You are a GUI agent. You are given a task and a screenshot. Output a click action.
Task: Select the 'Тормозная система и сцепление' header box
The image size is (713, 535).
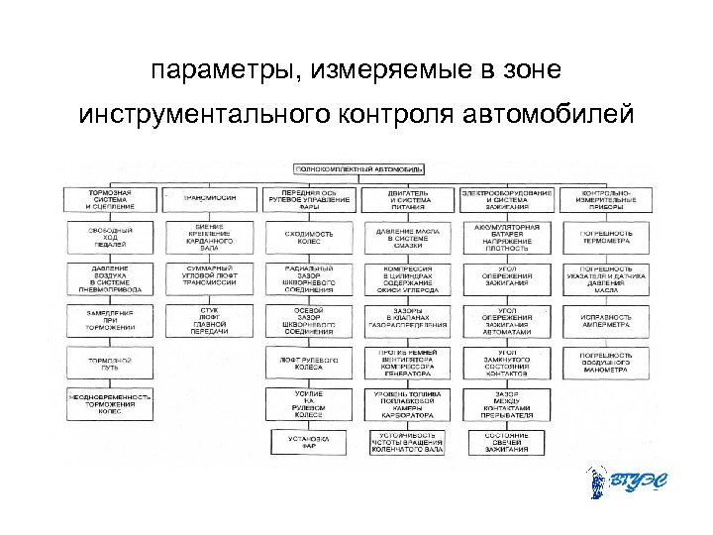point(107,198)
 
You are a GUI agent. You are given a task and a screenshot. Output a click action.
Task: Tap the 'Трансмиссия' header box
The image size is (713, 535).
point(210,198)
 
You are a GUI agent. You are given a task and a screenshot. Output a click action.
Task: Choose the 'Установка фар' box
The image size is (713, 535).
point(309,442)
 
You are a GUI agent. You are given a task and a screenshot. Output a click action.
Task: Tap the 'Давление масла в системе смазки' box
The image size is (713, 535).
point(408,238)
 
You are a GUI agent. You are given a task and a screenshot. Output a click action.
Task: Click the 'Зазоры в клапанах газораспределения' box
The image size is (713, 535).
point(408,318)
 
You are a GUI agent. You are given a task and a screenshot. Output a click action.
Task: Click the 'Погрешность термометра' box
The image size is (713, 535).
point(607,238)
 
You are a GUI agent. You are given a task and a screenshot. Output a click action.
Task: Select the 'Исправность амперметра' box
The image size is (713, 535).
point(607,318)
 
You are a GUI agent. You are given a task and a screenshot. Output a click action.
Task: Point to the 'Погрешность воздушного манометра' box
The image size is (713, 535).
point(607,363)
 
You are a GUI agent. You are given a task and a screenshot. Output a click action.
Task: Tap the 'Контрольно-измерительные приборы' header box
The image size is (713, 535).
point(607,198)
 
